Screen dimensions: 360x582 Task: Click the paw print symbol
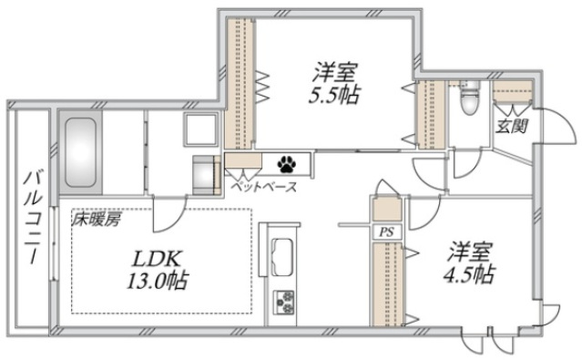coord(289,165)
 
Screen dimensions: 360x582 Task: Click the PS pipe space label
coord(385,231)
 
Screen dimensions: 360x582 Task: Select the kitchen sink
coord(282,253)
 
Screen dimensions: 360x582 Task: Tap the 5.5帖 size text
coord(335,94)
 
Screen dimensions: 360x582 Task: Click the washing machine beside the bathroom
coord(206,173)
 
